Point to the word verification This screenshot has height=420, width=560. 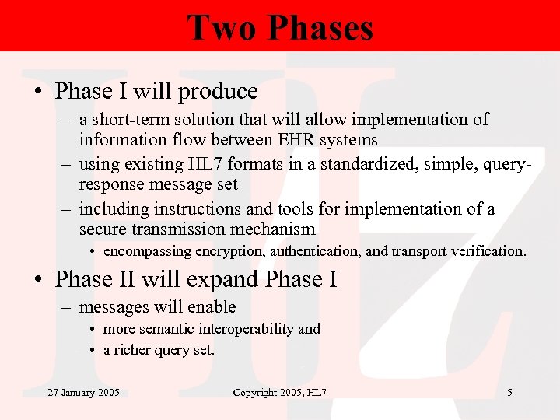(x=489, y=251)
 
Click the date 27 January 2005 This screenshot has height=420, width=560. (x=83, y=393)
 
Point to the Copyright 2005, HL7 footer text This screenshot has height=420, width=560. (x=279, y=393)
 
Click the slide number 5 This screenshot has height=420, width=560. (x=509, y=393)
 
